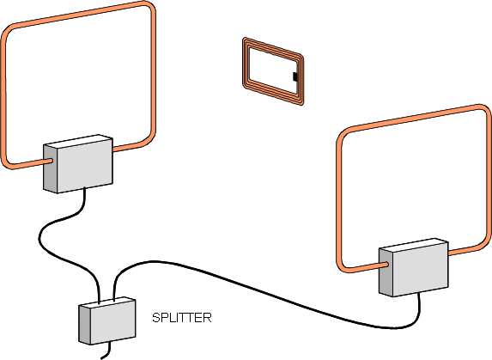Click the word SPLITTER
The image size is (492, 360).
tap(182, 318)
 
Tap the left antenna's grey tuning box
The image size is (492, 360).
tap(78, 163)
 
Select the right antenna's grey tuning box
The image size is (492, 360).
tap(414, 267)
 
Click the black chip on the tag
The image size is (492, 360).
tap(295, 76)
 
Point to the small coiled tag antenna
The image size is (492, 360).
tap(273, 71)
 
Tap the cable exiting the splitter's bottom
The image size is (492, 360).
tap(106, 351)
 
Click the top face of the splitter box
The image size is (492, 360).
tap(107, 302)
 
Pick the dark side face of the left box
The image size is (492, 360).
tap(51, 168)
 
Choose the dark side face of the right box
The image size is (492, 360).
tap(386, 272)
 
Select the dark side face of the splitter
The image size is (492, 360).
tap(84, 325)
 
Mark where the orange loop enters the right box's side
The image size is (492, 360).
tap(388, 265)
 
